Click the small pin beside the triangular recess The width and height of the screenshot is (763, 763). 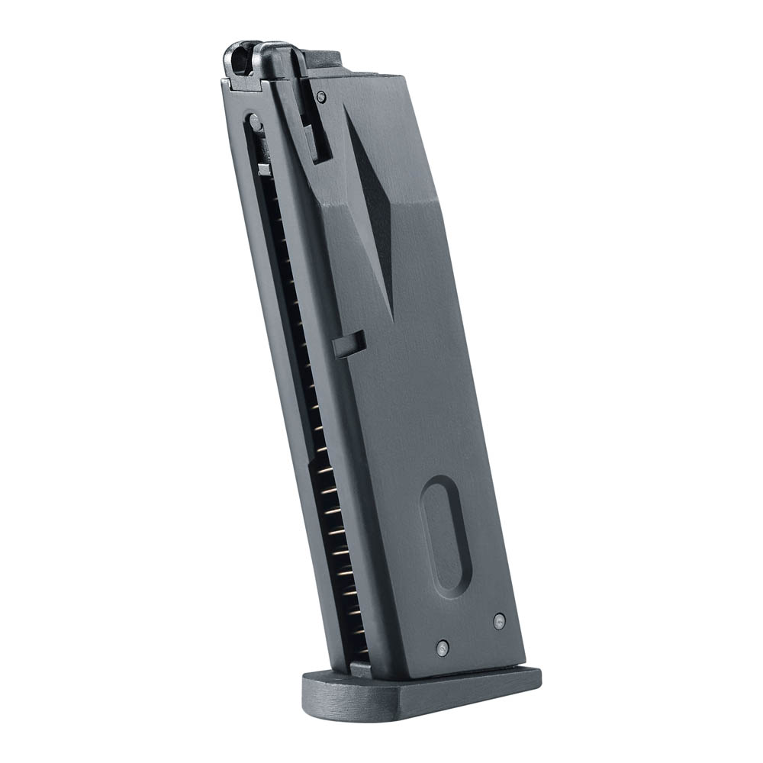(321, 97)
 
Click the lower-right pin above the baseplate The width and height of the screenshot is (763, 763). (499, 621)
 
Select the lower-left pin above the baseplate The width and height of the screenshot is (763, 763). (443, 648)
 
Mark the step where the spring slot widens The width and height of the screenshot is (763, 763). (313, 462)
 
